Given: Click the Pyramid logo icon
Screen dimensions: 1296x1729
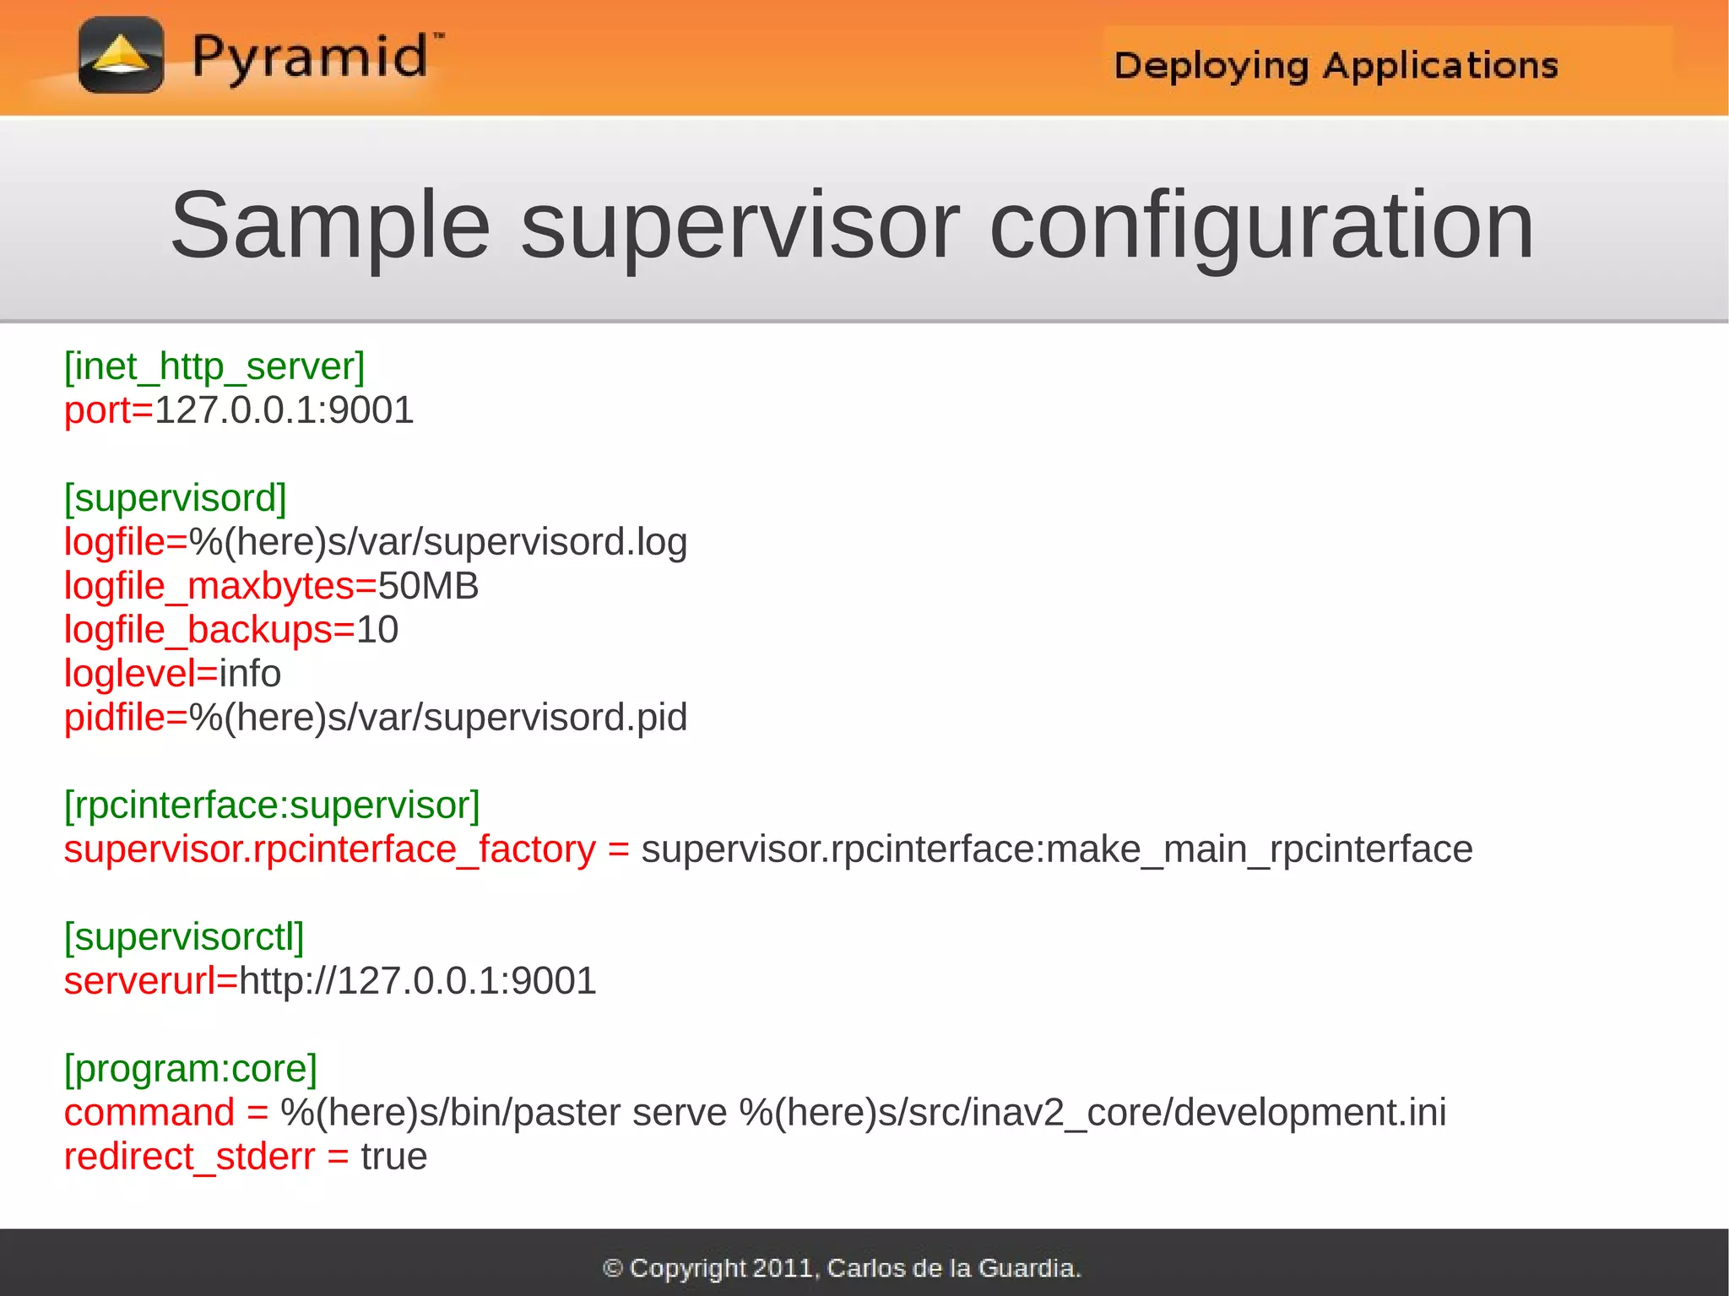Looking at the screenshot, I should pyautogui.click(x=121, y=56).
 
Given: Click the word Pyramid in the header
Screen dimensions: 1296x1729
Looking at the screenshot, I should pyautogui.click(x=311, y=57).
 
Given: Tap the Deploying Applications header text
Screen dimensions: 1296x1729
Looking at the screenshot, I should pyautogui.click(x=1336, y=66).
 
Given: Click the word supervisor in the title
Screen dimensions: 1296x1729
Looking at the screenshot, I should pyautogui.click(x=740, y=225).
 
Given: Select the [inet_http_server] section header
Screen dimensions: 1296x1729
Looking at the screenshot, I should pyautogui.click(x=214, y=366).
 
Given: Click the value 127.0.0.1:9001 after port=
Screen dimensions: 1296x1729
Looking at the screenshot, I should pyautogui.click(x=285, y=411).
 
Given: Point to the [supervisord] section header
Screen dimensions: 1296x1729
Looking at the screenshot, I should pyautogui.click(x=176, y=498).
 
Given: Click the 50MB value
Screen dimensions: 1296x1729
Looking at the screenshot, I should pyautogui.click(x=428, y=586).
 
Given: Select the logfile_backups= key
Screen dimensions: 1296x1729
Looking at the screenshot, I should pyautogui.click(x=209, y=630).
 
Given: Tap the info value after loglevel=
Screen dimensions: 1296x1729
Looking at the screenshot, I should pyautogui.click(x=250, y=674).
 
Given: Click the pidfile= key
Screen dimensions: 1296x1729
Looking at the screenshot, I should pyautogui.click(x=126, y=718).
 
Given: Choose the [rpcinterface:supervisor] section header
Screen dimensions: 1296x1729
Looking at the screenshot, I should pyautogui.click(x=272, y=805).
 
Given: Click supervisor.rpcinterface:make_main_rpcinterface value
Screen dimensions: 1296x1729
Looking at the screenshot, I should pyautogui.click(x=1057, y=849).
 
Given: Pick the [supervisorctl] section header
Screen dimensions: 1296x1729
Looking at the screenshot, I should pyautogui.click(x=184, y=937).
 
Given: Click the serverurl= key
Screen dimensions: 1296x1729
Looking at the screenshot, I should pyautogui.click(x=151, y=981).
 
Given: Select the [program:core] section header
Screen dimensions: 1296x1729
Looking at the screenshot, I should pyautogui.click(x=191, y=1069).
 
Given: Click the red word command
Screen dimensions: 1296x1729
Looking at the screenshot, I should pyautogui.click(x=149, y=1113).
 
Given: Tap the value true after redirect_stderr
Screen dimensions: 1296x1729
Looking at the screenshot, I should pyautogui.click(x=393, y=1157).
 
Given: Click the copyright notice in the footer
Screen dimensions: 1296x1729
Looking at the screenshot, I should pyautogui.click(x=842, y=1267).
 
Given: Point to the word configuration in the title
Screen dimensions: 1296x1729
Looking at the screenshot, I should pyautogui.click(x=1260, y=225).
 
